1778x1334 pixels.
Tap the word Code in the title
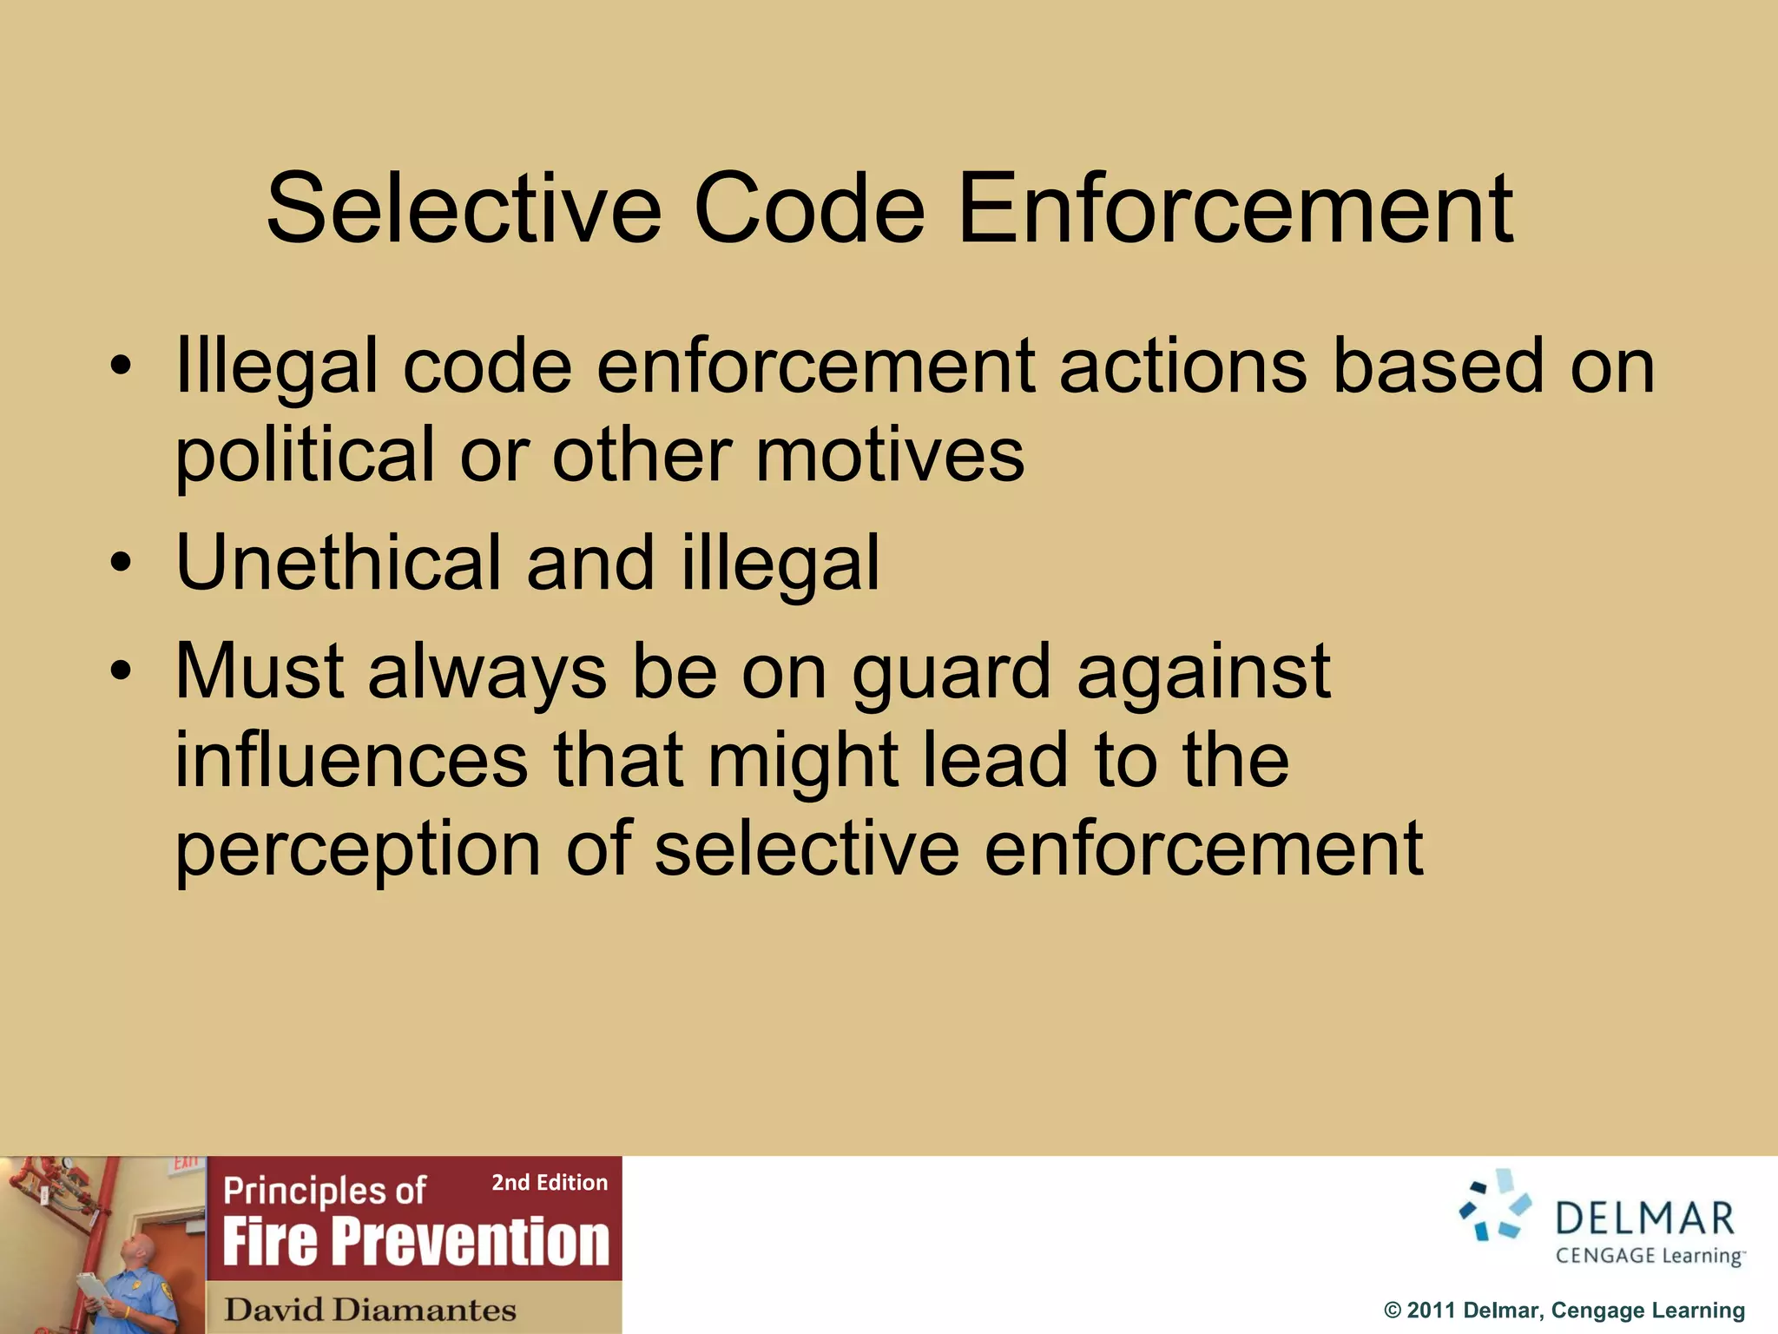click(x=808, y=209)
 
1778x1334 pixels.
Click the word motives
click(x=890, y=456)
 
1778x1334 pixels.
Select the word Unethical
click(x=338, y=563)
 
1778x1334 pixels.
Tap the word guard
click(x=951, y=674)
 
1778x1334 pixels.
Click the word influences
click(x=351, y=760)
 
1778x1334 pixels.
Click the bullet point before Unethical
click(x=121, y=563)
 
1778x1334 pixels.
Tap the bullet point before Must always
click(x=121, y=671)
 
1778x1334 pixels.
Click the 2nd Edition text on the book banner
click(x=549, y=1183)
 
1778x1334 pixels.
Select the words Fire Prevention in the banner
click(x=416, y=1242)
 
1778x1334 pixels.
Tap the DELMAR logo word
click(x=1644, y=1219)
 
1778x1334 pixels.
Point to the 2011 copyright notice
click(x=1564, y=1311)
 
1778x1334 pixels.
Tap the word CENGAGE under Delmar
click(x=1605, y=1256)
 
